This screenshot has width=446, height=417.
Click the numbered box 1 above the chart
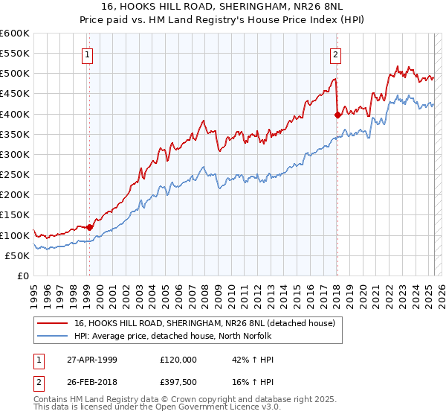tap(88, 54)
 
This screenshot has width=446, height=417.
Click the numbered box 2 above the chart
tap(336, 54)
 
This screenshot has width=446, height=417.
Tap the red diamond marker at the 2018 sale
tap(337, 115)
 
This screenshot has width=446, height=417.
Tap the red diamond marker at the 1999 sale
tap(89, 227)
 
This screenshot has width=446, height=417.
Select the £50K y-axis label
tap(17, 255)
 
